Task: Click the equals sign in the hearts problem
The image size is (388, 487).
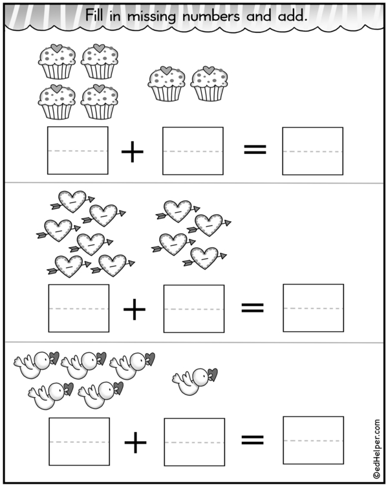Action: point(253,308)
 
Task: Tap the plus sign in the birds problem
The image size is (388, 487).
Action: point(136,442)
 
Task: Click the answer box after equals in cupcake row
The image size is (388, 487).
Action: point(313,151)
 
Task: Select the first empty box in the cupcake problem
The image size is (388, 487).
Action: point(78,151)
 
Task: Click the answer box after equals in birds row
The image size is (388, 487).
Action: point(314,440)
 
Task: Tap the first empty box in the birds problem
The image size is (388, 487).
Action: point(80,442)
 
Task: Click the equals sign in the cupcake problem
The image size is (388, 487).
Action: point(254,151)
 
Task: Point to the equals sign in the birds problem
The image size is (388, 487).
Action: point(253,440)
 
